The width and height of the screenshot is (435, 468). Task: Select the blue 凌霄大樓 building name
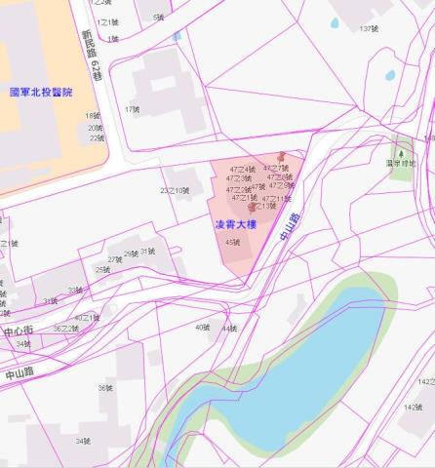point(235,224)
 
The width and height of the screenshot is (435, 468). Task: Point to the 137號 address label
point(367,28)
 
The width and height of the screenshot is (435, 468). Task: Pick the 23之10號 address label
point(175,190)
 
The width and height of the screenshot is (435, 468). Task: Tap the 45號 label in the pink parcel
point(232,242)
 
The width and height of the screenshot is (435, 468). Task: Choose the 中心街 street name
point(18,331)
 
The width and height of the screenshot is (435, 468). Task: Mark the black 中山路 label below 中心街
point(19,372)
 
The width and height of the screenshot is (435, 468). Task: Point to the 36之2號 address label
point(65,329)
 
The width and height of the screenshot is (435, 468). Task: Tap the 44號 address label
point(229,329)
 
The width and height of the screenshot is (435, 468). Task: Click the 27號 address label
point(114,259)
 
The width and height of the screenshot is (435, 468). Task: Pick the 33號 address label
point(74,291)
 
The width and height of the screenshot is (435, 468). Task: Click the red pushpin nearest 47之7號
point(282,156)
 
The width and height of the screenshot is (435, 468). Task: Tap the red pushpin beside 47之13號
point(253,207)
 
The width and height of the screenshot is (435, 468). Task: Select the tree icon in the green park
point(398,151)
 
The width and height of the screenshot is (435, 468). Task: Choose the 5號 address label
point(158,18)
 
